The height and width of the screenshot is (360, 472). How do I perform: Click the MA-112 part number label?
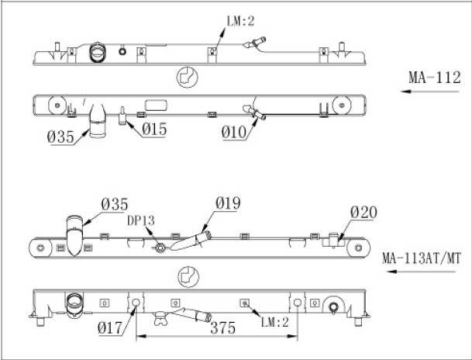coord(434,78)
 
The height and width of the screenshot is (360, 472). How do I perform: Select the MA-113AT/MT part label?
coord(422,258)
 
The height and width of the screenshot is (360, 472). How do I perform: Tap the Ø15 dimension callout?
coord(154,130)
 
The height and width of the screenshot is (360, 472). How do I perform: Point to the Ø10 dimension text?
coord(234,132)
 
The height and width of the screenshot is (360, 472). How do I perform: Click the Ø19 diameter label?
coord(228,203)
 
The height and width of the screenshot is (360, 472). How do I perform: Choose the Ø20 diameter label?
coord(363,213)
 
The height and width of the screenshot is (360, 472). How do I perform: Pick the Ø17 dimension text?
coord(110,327)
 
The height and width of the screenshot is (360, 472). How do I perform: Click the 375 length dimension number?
coord(222,327)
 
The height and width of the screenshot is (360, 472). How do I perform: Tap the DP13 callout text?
coord(141,221)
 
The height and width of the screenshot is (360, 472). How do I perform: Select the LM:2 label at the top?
coord(240,21)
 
